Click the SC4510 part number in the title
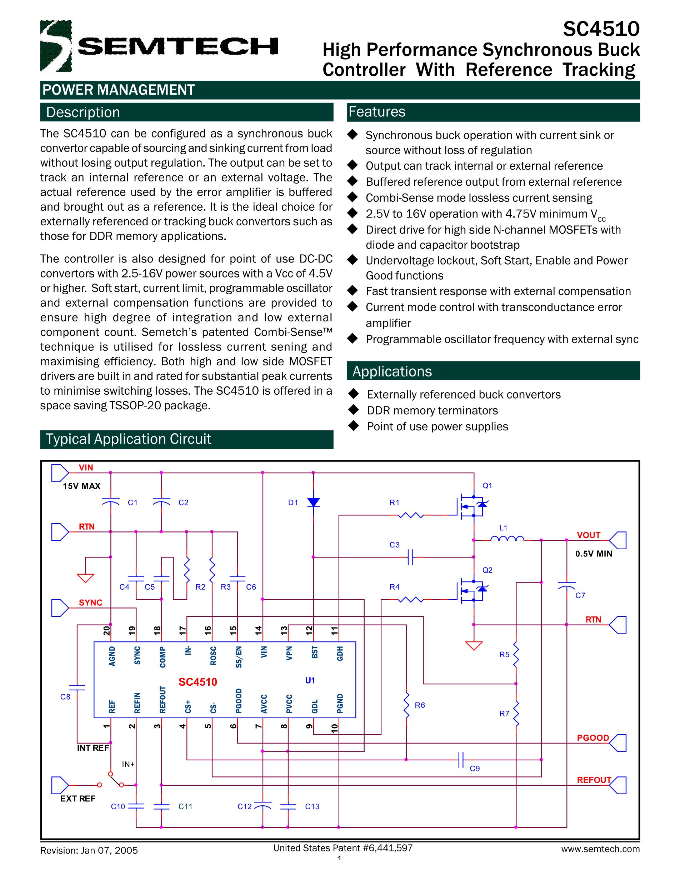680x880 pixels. pos(601,29)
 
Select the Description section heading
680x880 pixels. pos(83,112)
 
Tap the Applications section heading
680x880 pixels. pos(392,371)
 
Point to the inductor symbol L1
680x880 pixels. pos(507,538)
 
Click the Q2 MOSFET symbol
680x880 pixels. pos(471,591)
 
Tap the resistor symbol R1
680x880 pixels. pos(410,515)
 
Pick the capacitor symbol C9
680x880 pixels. pos(462,760)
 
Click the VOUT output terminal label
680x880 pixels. pos(589,535)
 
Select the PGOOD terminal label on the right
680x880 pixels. pos(592,738)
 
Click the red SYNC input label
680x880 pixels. pos(90,602)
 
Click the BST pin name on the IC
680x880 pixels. pos(315,652)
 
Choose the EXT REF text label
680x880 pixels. pos(78,799)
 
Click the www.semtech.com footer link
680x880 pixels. pos(600,849)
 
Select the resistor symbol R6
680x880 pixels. pos(407,705)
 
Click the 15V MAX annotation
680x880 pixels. pos(81,486)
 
